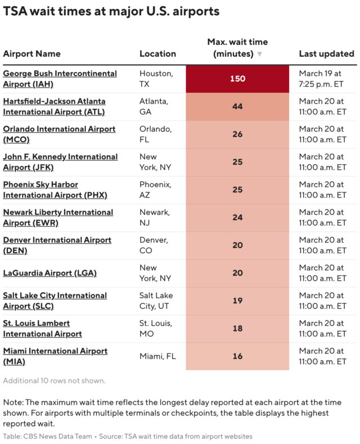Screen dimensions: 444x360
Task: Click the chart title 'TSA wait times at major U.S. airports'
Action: (x=111, y=11)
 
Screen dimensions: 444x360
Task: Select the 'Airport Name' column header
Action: (x=32, y=54)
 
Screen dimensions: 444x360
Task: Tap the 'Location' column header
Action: (x=157, y=54)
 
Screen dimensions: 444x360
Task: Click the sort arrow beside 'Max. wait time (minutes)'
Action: (x=259, y=55)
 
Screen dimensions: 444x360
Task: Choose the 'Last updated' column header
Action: (x=326, y=54)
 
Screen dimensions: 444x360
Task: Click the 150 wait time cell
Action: (x=237, y=79)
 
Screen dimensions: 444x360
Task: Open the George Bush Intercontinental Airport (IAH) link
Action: (x=60, y=79)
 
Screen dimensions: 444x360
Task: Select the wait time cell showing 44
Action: (x=237, y=106)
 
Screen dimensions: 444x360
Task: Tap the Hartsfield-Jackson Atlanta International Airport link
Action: (x=54, y=106)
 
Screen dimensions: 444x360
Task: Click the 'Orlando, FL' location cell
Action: (x=154, y=134)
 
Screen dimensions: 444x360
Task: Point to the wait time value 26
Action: (x=237, y=134)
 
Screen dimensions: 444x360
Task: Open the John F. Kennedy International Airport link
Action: (x=60, y=162)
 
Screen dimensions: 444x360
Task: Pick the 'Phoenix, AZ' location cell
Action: (x=154, y=190)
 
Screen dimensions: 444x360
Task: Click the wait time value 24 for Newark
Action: (x=237, y=218)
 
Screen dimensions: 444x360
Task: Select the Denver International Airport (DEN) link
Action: (x=57, y=245)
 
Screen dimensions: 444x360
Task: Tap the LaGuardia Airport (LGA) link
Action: (x=50, y=273)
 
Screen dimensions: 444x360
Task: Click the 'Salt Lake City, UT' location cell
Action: (x=157, y=301)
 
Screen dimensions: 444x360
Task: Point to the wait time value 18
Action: (x=237, y=329)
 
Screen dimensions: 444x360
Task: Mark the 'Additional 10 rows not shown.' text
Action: (x=54, y=381)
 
